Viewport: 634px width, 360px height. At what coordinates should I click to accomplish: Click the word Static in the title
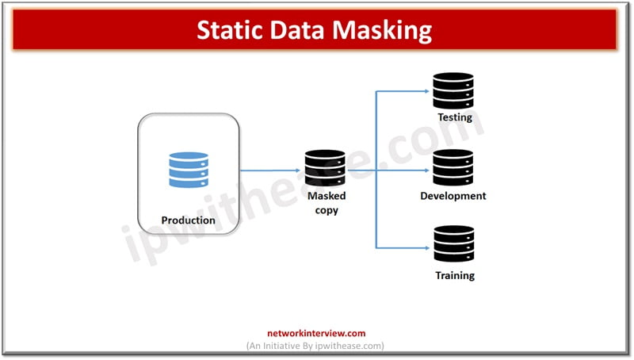[x=229, y=30]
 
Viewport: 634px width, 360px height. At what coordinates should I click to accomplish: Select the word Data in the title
[x=304, y=30]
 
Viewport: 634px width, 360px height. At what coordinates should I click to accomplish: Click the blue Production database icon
[x=189, y=170]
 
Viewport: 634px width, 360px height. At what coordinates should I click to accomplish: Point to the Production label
[x=189, y=220]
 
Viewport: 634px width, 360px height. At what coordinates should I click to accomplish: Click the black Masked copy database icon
[x=325, y=168]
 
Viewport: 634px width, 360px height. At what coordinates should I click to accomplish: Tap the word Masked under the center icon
[x=327, y=196]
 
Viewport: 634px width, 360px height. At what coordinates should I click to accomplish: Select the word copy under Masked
[x=326, y=210]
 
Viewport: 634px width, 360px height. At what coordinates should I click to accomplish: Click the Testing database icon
[x=454, y=91]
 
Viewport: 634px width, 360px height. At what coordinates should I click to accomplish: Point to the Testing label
[x=455, y=117]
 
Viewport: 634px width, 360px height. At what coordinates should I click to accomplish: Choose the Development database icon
[x=454, y=168]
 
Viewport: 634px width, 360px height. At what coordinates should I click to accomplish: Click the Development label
[x=453, y=195]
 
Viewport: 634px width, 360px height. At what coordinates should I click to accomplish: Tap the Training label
[x=455, y=275]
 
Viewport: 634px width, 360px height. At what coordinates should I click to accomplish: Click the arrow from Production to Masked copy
[x=269, y=170]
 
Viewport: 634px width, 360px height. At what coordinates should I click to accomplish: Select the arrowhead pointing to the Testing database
[x=426, y=91]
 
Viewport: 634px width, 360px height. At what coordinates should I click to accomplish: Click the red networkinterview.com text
[x=316, y=334]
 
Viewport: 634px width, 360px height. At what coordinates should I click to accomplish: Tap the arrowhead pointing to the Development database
[x=426, y=170]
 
